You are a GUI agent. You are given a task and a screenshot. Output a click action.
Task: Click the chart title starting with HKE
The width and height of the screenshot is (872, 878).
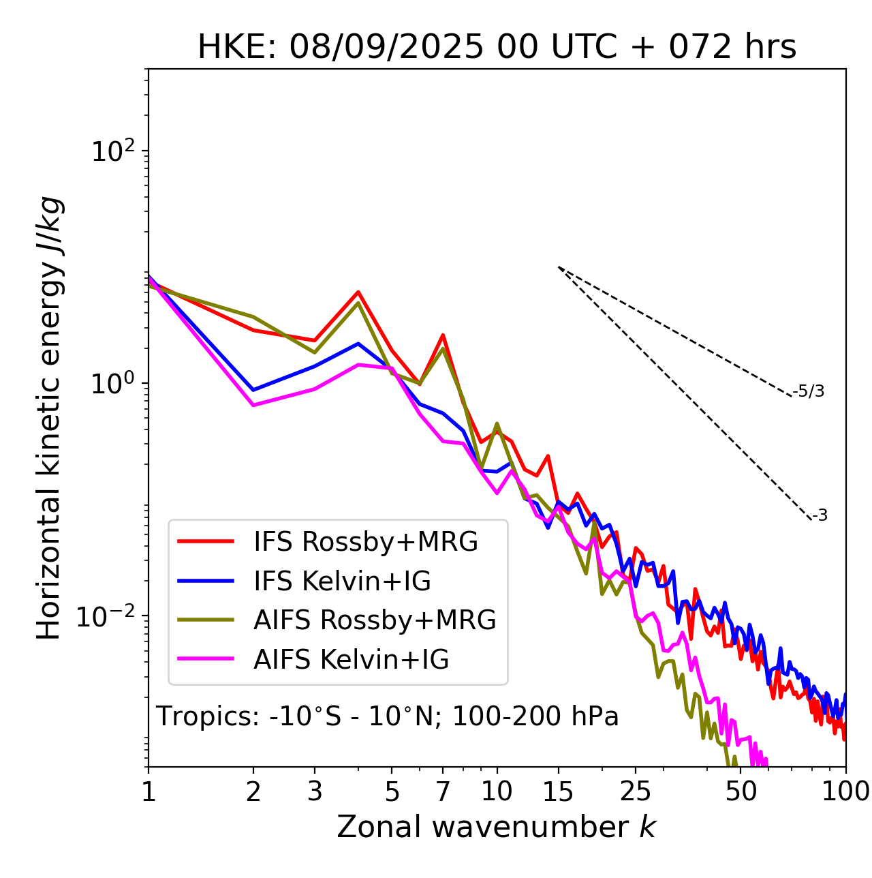[x=497, y=48]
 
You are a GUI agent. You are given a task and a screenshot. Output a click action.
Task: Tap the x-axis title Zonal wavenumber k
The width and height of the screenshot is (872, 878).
[x=496, y=827]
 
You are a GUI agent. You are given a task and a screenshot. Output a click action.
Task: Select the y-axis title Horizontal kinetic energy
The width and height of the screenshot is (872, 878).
[x=49, y=418]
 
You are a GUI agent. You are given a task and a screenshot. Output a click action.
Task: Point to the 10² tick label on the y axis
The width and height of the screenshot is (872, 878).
[x=112, y=151]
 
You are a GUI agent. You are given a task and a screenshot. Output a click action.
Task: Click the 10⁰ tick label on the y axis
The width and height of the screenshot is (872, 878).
[x=112, y=384]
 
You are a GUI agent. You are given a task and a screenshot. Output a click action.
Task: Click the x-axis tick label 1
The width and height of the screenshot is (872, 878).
[x=149, y=791]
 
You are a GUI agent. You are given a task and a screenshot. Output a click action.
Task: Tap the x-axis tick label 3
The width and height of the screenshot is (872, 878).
[x=315, y=791]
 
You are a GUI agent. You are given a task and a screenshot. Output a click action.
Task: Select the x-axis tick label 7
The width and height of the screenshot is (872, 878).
[x=443, y=791]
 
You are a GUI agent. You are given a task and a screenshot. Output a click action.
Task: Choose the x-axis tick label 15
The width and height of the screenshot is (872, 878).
[x=558, y=791]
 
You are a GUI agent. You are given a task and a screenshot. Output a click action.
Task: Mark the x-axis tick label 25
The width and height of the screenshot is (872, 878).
[x=636, y=791]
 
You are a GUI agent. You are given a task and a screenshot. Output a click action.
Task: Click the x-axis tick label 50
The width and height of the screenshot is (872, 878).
[x=741, y=791]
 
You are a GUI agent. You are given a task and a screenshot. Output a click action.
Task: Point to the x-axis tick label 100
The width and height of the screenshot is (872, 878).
[x=845, y=791]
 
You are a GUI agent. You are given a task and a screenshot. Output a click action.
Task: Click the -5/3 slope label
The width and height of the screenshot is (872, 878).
[x=809, y=391]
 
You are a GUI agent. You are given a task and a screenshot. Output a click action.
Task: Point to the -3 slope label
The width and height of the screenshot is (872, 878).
[x=820, y=516]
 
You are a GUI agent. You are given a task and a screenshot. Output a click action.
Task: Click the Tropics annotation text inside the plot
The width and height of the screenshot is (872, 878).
[x=387, y=717]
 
